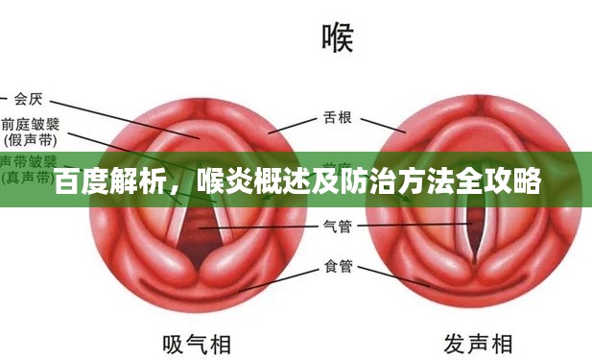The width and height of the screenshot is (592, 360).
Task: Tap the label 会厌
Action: click(x=28, y=97)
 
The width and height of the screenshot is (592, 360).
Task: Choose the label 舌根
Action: click(x=337, y=119)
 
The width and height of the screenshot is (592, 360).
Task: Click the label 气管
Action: click(x=337, y=227)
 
